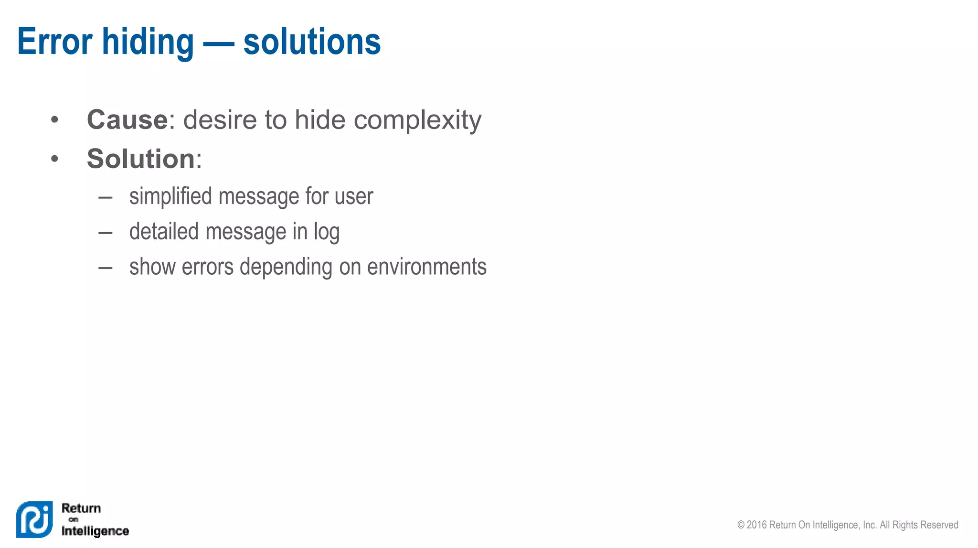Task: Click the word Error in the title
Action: tap(54, 42)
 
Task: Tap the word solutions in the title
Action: tap(312, 42)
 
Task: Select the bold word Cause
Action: tap(127, 119)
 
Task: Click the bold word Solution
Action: tap(141, 159)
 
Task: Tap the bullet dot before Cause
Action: tap(54, 119)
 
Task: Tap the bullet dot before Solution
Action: tap(54, 159)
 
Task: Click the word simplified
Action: tap(170, 196)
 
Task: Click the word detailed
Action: tap(164, 232)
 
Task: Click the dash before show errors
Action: tap(105, 268)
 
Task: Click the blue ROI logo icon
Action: tap(34, 519)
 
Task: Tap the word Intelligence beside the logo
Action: tap(95, 531)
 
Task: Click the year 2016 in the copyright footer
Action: tap(756, 525)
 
